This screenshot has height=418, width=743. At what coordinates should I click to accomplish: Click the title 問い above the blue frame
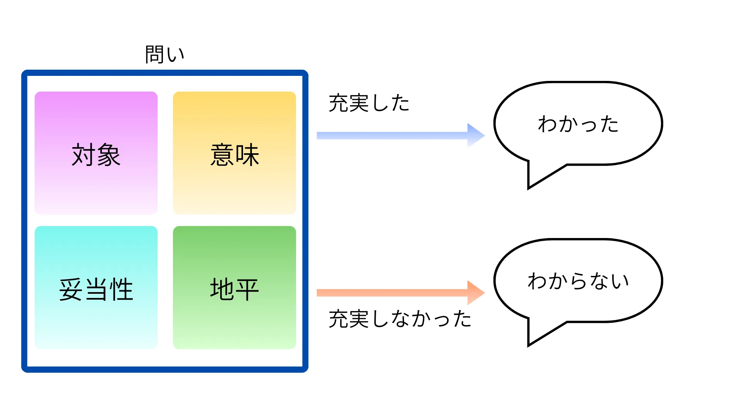tap(164, 54)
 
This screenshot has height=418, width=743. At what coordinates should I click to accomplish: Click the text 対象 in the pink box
tap(96, 155)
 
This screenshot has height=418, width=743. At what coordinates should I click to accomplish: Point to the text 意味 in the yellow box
tap(235, 155)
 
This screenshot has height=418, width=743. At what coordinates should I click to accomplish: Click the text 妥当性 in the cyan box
tap(96, 290)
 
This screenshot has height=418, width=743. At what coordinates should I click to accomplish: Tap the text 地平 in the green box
tap(235, 290)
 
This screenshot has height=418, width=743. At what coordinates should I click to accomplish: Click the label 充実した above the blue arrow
tap(369, 103)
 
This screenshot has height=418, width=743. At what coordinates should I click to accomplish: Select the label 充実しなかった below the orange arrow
tap(400, 319)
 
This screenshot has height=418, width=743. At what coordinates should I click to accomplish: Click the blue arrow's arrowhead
tap(475, 135)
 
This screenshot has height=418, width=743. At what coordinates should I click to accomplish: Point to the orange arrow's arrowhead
tap(475, 293)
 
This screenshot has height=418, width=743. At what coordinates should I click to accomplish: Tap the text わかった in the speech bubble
tap(578, 124)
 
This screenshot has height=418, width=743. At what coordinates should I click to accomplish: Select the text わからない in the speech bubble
tap(578, 281)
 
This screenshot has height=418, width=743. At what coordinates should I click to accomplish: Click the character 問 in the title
tap(154, 54)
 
